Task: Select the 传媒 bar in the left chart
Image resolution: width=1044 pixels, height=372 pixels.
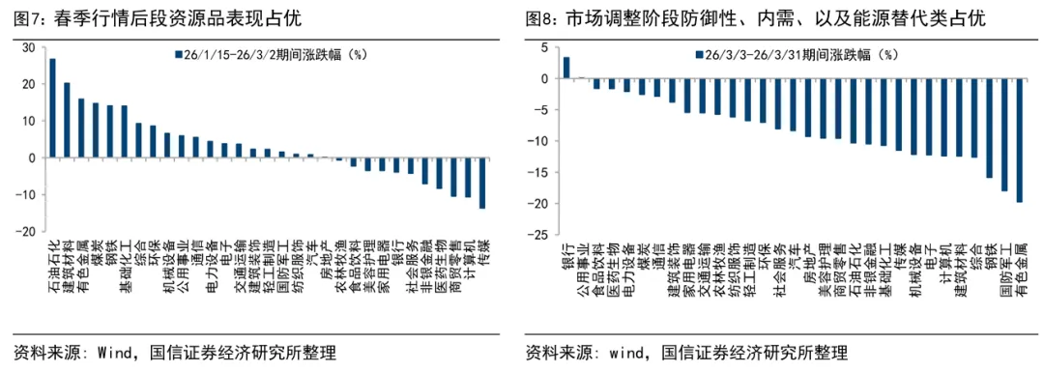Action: (482, 183)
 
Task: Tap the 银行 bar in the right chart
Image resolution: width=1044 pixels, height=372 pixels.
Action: (566, 67)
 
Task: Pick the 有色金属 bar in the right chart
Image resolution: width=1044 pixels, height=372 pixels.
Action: (1019, 140)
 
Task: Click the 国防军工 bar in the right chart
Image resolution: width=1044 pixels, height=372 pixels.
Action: (1004, 134)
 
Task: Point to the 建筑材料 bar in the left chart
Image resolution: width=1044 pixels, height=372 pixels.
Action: (67, 120)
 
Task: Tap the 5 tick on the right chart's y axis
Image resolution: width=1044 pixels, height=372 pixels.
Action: (546, 47)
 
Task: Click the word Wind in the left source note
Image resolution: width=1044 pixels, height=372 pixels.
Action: (115, 351)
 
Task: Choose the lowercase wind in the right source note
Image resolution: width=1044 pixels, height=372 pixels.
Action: (628, 351)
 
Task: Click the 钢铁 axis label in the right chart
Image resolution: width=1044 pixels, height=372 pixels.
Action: (989, 255)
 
